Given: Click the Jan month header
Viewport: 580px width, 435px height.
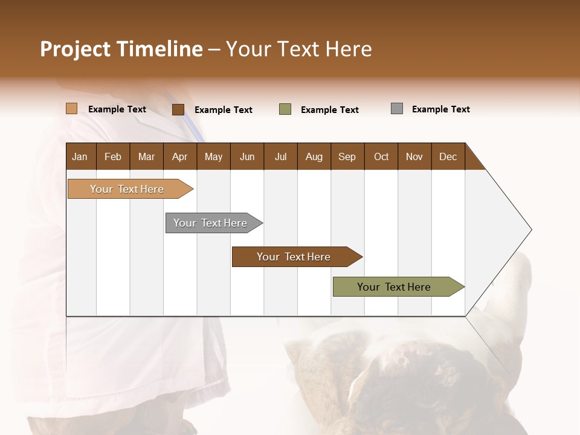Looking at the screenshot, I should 80,156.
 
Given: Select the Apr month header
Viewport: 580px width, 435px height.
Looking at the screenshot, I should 179,156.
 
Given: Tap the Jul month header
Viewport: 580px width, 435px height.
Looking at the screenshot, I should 280,156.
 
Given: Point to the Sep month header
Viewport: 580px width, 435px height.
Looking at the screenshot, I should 347,156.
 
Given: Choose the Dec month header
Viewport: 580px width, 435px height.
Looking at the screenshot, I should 448,156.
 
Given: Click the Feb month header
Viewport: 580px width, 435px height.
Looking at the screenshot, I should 113,156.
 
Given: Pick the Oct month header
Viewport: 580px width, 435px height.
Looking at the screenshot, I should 381,156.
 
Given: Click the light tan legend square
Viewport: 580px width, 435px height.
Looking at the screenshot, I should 71,109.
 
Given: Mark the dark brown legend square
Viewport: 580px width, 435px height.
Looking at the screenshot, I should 178,109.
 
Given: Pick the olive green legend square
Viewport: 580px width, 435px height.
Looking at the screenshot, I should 285,109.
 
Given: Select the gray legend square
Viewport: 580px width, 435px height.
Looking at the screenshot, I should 396,109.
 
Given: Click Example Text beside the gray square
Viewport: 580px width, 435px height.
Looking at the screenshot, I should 440,109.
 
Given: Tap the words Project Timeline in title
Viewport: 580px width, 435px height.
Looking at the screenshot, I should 121,49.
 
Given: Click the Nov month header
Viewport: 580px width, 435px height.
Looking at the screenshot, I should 414,156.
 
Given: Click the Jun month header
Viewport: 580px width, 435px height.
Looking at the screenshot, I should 247,156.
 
